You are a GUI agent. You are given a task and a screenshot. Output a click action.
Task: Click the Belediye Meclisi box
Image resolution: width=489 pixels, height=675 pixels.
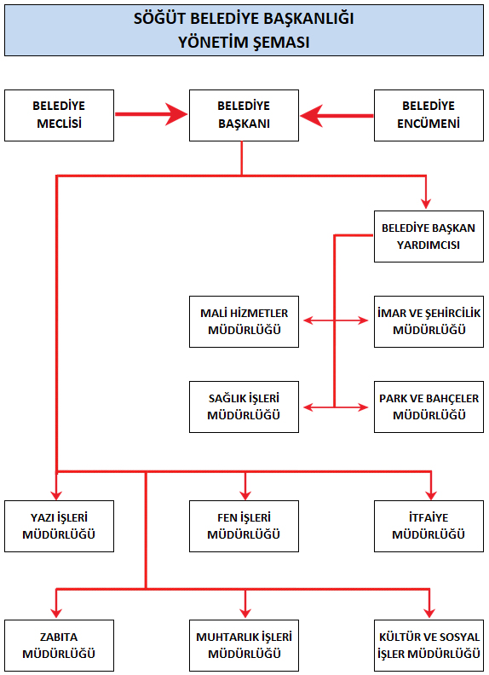pyautogui.click(x=60, y=115)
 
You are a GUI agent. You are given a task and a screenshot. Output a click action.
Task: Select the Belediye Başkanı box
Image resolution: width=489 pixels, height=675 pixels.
pyautogui.click(x=244, y=115)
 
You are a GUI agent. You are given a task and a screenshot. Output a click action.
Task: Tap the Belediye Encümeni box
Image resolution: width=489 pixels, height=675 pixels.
pyautogui.click(x=429, y=115)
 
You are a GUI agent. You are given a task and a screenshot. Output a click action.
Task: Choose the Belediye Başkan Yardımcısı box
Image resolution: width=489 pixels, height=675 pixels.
pyautogui.click(x=429, y=236)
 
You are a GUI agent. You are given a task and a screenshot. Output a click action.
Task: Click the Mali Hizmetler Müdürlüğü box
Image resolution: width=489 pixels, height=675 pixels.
pyautogui.click(x=244, y=321)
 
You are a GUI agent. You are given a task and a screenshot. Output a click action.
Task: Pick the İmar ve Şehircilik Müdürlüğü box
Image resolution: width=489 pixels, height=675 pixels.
pyautogui.click(x=429, y=321)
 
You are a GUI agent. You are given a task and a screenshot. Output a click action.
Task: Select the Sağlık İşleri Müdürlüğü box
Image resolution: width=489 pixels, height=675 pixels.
pyautogui.click(x=244, y=407)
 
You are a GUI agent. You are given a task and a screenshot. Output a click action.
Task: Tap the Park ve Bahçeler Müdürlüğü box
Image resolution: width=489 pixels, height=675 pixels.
pyautogui.click(x=429, y=407)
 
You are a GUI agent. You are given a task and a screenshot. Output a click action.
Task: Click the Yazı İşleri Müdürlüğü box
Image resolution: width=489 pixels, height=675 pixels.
pyautogui.click(x=60, y=526)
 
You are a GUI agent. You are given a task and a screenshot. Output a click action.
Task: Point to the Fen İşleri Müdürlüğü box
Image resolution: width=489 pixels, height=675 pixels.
pyautogui.click(x=244, y=526)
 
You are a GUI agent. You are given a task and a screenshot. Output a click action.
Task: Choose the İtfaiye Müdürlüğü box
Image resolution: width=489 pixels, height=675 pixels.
pyautogui.click(x=429, y=526)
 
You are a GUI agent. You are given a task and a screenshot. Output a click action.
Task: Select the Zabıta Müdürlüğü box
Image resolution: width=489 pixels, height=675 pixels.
pyautogui.click(x=60, y=645)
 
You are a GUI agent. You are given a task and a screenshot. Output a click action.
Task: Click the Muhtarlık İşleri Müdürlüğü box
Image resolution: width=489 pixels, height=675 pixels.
pyautogui.click(x=244, y=645)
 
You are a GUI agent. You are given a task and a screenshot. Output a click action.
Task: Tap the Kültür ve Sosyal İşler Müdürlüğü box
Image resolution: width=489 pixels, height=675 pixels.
pyautogui.click(x=429, y=645)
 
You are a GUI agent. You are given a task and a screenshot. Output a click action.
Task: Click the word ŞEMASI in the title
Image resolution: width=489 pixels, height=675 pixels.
pyautogui.click(x=280, y=43)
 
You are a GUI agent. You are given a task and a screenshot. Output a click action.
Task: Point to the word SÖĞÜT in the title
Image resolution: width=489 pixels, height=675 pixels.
pyautogui.click(x=159, y=19)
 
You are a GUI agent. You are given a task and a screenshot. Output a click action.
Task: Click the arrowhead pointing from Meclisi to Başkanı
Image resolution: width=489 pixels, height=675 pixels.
pyautogui.click(x=177, y=114)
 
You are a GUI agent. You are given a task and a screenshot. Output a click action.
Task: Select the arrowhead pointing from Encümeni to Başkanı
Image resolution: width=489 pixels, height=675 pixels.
pyautogui.click(x=311, y=116)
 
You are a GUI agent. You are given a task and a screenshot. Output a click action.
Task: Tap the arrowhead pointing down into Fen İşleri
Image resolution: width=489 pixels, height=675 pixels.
pyautogui.click(x=245, y=494)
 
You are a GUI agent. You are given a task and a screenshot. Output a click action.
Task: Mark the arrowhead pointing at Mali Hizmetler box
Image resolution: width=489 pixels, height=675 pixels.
pyautogui.click(x=308, y=320)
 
